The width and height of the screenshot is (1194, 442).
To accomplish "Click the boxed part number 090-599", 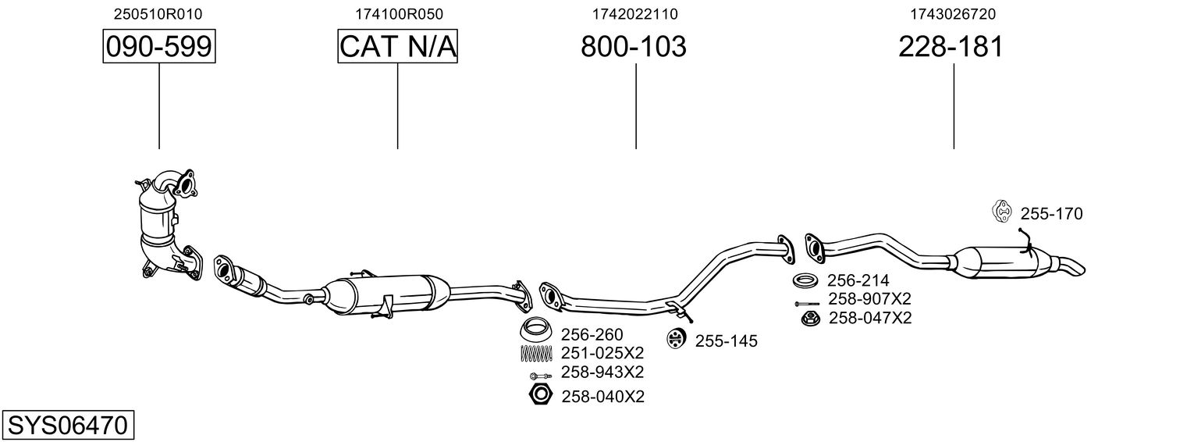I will (x=159, y=47).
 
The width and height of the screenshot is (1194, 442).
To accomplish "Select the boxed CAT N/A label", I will (x=397, y=47).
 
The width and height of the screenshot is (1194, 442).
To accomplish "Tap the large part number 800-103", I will (x=633, y=47).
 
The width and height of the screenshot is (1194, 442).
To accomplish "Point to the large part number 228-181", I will (x=951, y=47).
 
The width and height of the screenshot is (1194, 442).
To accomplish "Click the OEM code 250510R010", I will (x=158, y=13).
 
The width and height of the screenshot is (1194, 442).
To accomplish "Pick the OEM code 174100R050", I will (x=399, y=13).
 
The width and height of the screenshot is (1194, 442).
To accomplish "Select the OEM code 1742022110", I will (x=635, y=13).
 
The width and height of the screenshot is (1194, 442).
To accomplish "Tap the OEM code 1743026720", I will (x=953, y=13).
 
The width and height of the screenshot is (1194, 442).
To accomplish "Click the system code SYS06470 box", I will (x=67, y=426).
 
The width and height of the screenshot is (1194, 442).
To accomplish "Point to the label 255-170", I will (x=1051, y=214).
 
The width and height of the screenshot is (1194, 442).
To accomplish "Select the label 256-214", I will (x=858, y=280).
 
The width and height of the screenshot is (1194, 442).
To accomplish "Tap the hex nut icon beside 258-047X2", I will (x=810, y=318).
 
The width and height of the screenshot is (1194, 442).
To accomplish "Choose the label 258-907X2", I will (x=869, y=299).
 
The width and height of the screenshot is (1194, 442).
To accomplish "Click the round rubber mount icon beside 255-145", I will (x=676, y=339).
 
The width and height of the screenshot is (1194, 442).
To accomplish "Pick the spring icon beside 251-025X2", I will (x=535, y=353).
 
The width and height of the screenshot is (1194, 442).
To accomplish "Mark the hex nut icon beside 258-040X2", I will (x=538, y=395).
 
